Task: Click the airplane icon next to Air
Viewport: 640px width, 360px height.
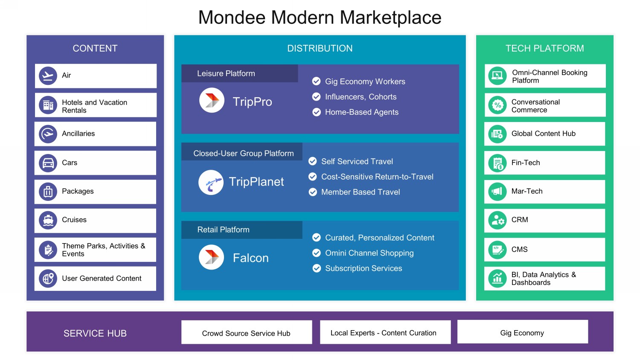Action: tap(48, 76)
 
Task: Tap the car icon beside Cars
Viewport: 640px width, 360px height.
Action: tap(48, 163)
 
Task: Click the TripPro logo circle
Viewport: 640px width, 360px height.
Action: tap(212, 100)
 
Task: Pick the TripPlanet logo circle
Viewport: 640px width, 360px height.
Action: tap(211, 182)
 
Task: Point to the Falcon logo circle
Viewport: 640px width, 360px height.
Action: tap(212, 257)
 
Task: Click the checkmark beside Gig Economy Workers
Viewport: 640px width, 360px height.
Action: tap(316, 81)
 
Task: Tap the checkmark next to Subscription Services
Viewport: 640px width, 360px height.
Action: tap(317, 268)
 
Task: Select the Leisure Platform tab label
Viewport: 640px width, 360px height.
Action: tap(226, 73)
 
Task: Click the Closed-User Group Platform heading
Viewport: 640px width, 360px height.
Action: tap(243, 153)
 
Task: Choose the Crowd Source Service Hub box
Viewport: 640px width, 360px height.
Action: tap(246, 333)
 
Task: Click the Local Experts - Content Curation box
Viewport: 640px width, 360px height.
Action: tap(383, 333)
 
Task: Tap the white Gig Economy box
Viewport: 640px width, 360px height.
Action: tap(522, 332)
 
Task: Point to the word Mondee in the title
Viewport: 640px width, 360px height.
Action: tap(232, 17)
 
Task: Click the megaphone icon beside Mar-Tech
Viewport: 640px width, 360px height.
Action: tap(497, 192)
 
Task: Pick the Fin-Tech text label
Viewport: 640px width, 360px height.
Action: tap(526, 163)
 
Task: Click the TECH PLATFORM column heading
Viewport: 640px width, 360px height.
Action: tap(544, 48)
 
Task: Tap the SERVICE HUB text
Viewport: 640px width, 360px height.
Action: tap(95, 333)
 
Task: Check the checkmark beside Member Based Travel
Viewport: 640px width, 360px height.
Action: tap(313, 192)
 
